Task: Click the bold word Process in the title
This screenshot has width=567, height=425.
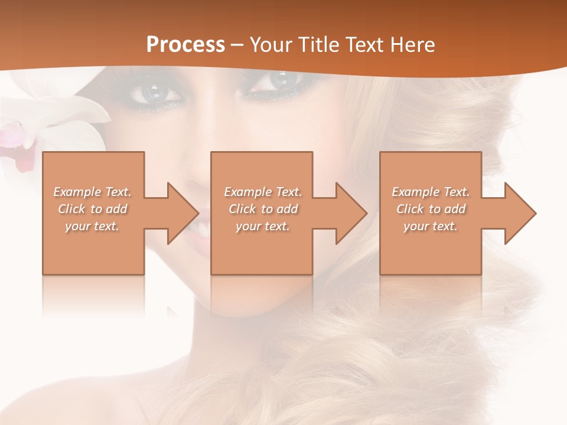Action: tap(185, 45)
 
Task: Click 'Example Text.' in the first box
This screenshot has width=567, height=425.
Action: tap(92, 192)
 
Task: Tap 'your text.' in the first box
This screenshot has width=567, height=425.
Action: tap(92, 226)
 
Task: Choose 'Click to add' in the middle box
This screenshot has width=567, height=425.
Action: tap(263, 209)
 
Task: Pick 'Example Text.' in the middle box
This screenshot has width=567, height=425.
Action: tap(263, 192)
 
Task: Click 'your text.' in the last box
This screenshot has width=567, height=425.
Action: tap(431, 226)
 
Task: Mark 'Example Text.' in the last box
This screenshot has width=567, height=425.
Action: tap(431, 192)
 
